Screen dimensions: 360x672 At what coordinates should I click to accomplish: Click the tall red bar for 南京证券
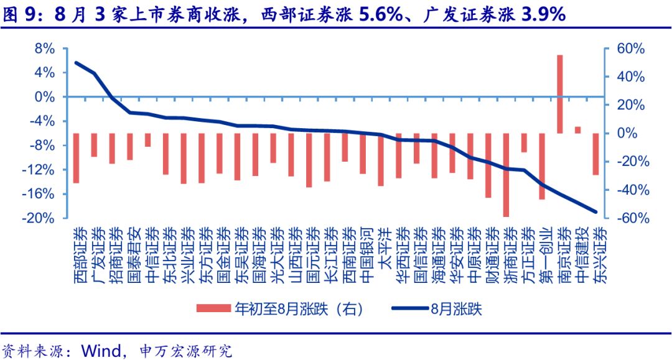tap(560, 94)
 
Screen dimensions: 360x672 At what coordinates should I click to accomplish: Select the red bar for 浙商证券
tap(506, 175)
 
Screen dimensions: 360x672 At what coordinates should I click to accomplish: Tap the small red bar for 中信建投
tap(577, 130)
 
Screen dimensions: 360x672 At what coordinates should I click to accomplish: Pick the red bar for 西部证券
tap(76, 158)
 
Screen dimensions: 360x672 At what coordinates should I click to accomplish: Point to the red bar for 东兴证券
tap(595, 154)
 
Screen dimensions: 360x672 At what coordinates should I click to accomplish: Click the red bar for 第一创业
tap(542, 166)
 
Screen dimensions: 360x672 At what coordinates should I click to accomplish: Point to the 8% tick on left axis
tap(45, 48)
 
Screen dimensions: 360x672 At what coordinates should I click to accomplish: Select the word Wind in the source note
tap(98, 349)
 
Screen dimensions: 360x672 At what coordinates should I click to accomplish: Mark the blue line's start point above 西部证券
tap(76, 62)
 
